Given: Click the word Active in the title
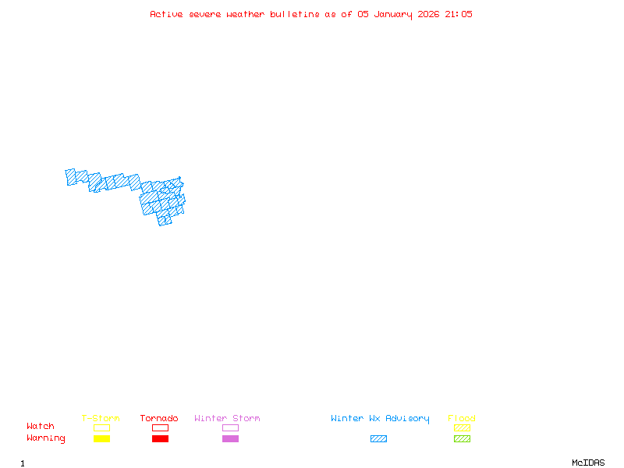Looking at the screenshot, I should [x=166, y=14].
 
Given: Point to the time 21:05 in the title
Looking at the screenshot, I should [x=459, y=14].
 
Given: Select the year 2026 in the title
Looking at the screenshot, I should [x=428, y=14].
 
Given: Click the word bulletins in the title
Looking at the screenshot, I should [x=295, y=14].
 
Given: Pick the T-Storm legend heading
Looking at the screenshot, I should [x=101, y=419].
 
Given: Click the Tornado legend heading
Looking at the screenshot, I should [x=159, y=419].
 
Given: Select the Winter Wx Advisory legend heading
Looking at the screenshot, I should [x=380, y=419].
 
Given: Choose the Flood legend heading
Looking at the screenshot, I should [x=462, y=419].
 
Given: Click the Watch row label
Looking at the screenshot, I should [x=41, y=427].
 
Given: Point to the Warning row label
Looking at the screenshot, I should [x=46, y=438].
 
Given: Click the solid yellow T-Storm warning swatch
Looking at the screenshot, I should [x=101, y=438].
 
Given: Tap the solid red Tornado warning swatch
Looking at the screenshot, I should [x=160, y=438].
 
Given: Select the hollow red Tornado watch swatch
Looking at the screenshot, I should [x=160, y=427].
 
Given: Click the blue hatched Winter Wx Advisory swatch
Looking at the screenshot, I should [x=378, y=438].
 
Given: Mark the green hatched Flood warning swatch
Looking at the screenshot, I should [x=462, y=438].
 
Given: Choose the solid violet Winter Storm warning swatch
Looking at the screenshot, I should [x=230, y=438].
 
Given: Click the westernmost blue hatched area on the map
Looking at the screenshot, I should [x=70, y=177].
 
